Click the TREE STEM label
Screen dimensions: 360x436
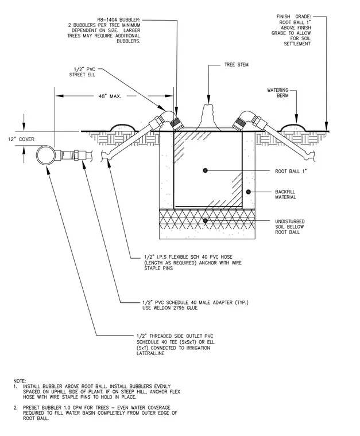point(237,65)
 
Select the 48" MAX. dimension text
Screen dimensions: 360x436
point(110,96)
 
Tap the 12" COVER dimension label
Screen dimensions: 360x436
point(21,139)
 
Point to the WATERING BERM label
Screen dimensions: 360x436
point(278,93)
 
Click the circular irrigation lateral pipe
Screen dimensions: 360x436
point(45,155)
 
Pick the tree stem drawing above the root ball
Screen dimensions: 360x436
point(207,118)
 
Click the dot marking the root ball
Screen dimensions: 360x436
point(206,170)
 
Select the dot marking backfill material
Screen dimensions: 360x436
point(249,192)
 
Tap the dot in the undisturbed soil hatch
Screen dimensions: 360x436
point(206,221)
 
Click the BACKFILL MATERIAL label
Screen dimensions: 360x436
point(285,194)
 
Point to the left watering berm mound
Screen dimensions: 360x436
point(123,127)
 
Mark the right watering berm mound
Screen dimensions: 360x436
point(292,127)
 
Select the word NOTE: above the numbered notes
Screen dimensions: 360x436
point(20,381)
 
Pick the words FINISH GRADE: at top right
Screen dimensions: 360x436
point(293,17)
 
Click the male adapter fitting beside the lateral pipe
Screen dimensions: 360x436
point(74,154)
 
